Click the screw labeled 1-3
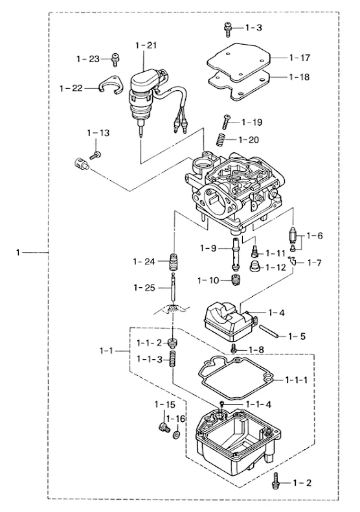[228, 29]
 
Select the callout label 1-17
[299, 58]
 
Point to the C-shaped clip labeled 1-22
[110, 85]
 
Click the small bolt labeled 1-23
[115, 60]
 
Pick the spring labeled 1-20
[221, 140]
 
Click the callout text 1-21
[146, 45]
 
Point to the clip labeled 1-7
[293, 261]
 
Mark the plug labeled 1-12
[254, 266]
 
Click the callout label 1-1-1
[296, 380]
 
